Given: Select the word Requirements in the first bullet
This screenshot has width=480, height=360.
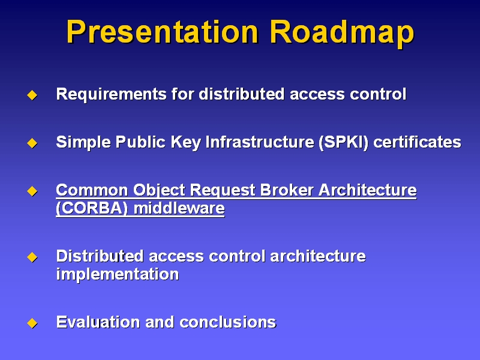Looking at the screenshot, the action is [111, 94].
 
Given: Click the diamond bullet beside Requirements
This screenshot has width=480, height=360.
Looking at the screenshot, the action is [32, 95].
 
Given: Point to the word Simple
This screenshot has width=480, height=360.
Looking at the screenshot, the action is [83, 142].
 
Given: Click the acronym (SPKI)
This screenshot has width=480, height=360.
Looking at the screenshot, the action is [343, 142].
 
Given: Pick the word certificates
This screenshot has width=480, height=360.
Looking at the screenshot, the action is [417, 142].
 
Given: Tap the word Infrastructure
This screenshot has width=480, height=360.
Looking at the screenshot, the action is [260, 142].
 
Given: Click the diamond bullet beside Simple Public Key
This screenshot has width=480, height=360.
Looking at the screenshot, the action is [32, 143].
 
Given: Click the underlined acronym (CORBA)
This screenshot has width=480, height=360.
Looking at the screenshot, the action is [92, 208].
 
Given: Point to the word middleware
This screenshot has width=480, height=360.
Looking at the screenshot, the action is [179, 208].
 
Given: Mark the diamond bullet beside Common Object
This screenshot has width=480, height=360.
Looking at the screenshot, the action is [32, 191].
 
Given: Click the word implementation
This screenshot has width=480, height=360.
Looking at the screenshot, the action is [118, 274].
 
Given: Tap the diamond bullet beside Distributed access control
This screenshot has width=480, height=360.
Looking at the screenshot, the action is [32, 257].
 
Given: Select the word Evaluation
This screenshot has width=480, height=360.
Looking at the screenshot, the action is [98, 322].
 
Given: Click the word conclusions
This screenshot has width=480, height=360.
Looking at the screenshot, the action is [228, 322].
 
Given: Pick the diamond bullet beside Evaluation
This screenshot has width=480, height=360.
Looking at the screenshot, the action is [32, 323].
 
